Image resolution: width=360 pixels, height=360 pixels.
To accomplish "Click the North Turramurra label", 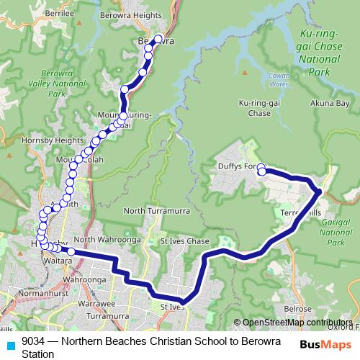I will [154, 210].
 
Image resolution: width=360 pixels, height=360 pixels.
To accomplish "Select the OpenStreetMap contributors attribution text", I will [297, 323].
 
